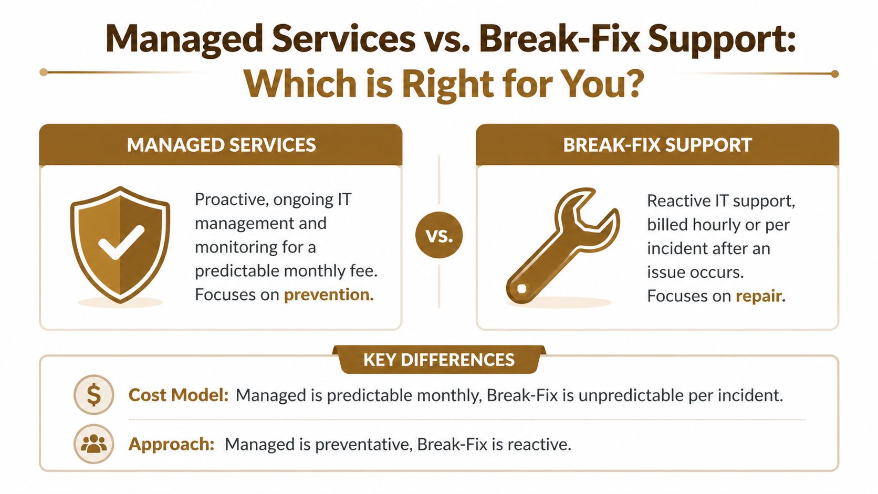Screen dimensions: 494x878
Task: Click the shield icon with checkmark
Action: click(120, 244)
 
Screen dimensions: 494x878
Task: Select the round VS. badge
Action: click(439, 235)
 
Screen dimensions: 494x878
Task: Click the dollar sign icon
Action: click(93, 395)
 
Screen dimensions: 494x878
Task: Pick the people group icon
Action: click(93, 444)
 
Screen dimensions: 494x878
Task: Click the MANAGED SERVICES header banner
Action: click(221, 145)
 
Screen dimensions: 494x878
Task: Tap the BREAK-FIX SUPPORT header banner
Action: click(657, 145)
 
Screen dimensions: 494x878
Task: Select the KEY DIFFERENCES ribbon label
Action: click(439, 360)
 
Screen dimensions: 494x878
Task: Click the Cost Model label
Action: click(178, 395)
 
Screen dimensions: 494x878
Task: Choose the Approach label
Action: click(171, 444)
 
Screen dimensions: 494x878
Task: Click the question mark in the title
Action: click(635, 84)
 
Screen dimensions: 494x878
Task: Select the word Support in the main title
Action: click(722, 39)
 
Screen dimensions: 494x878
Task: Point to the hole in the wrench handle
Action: click(521, 288)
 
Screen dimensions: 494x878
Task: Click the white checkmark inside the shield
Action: click(121, 242)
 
